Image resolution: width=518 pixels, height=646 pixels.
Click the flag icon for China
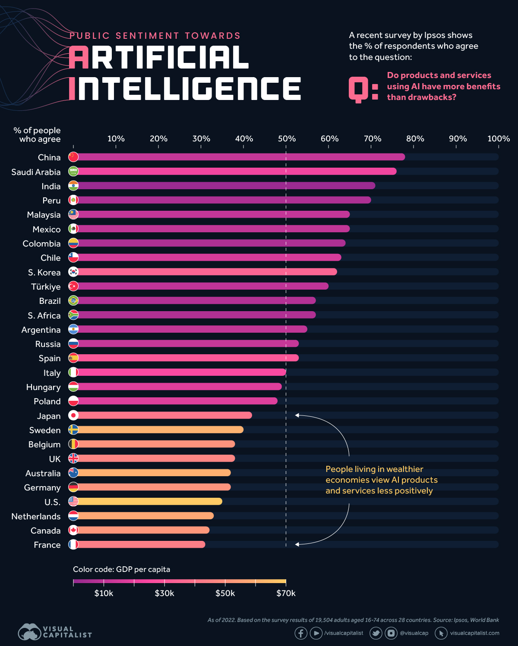73,157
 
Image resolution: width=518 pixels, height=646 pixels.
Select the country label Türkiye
46,287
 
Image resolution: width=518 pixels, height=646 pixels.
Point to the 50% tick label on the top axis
287,139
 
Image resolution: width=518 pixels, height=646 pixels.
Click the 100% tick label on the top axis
498,139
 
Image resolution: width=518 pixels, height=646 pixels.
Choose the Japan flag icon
73,415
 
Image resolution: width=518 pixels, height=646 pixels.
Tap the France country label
47,545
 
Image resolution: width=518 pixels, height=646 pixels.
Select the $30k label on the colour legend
164,593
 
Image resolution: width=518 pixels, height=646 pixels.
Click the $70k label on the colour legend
286,593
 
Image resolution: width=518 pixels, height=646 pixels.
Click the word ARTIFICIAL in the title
159,58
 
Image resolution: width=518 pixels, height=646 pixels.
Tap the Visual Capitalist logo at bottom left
54,632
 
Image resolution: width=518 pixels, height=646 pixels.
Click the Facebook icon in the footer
301,633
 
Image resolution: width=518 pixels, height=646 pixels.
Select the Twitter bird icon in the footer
376,633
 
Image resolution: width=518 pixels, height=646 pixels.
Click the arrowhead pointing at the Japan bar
297,415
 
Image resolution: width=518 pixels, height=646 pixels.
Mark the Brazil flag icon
73,301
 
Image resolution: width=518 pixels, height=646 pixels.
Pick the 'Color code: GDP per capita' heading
121,569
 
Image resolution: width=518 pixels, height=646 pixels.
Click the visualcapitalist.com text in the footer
474,633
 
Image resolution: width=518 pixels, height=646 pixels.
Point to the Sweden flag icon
73,430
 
